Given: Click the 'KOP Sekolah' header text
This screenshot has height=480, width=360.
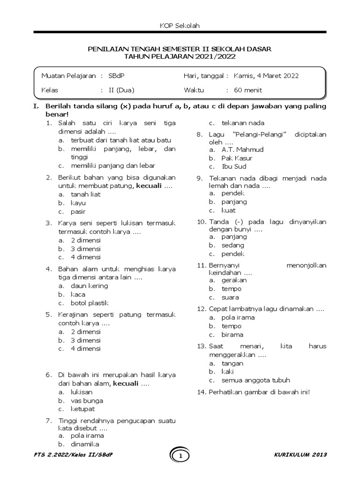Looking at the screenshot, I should pyautogui.click(x=180, y=26).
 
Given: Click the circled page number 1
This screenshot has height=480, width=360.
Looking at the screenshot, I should pyautogui.click(x=180, y=456).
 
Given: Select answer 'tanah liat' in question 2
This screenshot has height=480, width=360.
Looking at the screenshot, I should pyautogui.click(x=85, y=194).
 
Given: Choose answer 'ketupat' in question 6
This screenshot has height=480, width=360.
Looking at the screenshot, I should pyautogui.click(x=82, y=409).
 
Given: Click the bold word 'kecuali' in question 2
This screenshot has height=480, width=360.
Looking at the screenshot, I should pyautogui.click(x=148, y=186).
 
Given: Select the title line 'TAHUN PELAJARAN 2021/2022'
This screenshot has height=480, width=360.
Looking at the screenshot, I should pyautogui.click(x=180, y=56).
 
